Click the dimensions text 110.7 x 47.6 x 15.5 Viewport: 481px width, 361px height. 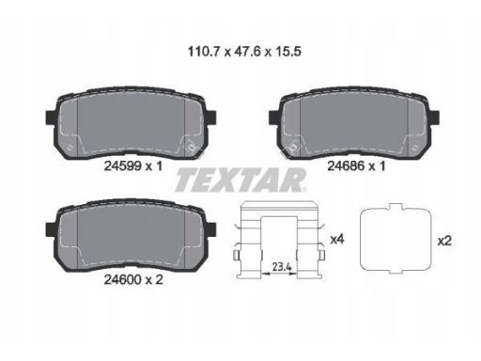tap(244, 52)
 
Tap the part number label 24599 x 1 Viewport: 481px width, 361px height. tap(133, 166)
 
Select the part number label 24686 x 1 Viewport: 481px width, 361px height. tap(356, 165)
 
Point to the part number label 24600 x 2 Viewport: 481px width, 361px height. tap(133, 279)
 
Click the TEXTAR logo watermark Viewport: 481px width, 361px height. tap(240, 180)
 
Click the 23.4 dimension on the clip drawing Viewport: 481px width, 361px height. tap(282, 267)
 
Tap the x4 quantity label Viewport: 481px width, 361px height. tap(337, 240)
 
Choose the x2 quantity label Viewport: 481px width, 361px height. tap(444, 241)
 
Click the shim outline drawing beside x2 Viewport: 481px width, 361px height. tap(361, 238)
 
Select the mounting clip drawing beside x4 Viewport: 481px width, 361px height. tap(241, 238)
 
